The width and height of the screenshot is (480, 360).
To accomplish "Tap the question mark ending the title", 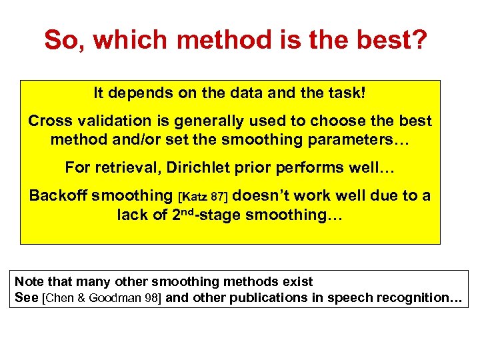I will (419, 40).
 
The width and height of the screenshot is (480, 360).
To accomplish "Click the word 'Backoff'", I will (58, 196).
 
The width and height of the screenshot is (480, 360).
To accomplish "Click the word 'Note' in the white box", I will (27, 281).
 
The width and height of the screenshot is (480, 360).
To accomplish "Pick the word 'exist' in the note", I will (296, 281).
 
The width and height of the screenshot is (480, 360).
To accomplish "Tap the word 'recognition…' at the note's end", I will (419, 298).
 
